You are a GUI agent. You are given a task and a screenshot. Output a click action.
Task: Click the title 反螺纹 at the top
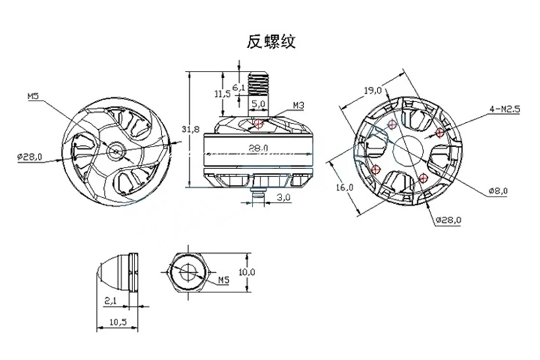coord(270,42)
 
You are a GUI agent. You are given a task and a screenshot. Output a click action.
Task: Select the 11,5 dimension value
coord(221,95)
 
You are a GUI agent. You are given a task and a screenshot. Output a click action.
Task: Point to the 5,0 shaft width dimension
coord(257,105)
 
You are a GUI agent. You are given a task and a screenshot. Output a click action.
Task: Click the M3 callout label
coord(300,105)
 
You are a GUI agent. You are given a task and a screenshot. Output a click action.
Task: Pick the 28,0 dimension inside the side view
coord(258,147)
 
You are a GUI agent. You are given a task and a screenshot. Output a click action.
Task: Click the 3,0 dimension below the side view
coord(284,198)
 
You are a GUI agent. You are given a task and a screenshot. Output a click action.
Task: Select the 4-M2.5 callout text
coord(504,108)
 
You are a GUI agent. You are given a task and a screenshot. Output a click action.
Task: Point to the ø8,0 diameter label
coord(499,192)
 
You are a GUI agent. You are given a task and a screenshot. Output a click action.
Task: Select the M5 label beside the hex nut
coord(223,278)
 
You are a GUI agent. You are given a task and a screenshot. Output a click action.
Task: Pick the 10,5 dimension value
coord(117,322)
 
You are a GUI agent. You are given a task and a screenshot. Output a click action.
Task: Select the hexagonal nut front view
coord(185,272)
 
